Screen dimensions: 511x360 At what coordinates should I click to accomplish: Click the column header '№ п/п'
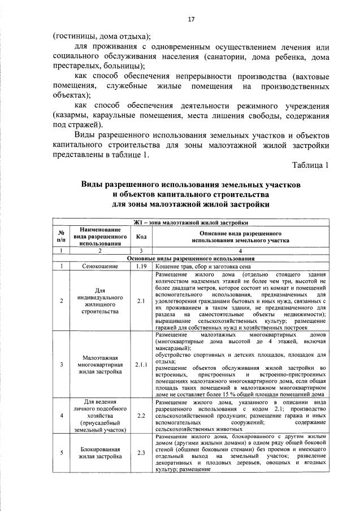click(x=60, y=237)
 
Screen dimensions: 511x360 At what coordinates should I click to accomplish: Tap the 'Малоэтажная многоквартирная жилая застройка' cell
click(x=99, y=365)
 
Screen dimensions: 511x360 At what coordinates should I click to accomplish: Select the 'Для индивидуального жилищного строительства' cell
click(x=99, y=301)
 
